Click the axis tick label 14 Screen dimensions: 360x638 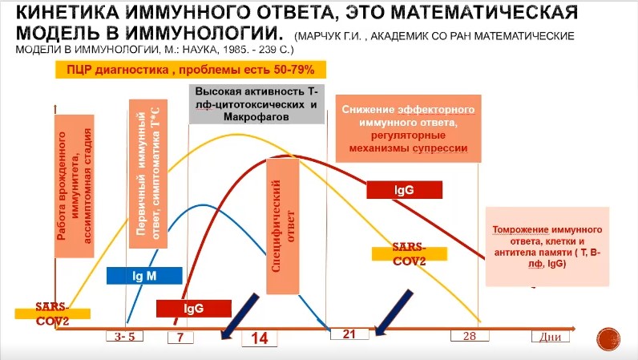[x=260, y=339]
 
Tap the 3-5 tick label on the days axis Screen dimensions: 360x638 [x=124, y=337]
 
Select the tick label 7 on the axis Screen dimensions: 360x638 [x=180, y=337]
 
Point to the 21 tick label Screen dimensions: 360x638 [x=349, y=334]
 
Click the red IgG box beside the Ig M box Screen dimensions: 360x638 [x=193, y=308]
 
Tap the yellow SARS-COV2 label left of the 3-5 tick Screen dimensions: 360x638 [x=51, y=313]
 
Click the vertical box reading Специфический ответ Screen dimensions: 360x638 [x=282, y=226]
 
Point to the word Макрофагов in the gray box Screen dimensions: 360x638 [x=256, y=117]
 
